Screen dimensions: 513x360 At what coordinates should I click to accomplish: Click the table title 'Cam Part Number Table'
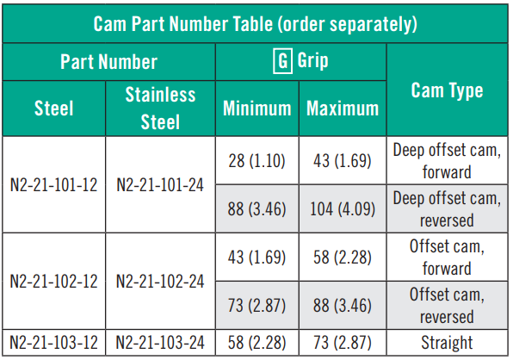coord(183,23)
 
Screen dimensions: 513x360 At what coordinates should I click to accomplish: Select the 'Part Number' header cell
coord(108,61)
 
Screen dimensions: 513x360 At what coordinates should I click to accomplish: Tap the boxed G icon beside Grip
coord(282,61)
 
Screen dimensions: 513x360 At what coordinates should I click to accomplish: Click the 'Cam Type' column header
coord(447,90)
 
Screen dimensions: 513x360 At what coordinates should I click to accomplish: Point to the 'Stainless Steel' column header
coord(160,109)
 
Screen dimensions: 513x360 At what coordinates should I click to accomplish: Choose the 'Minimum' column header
coord(256,109)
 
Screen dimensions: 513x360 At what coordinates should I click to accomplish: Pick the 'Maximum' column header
coord(343,109)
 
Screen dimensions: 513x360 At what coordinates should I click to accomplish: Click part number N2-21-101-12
coord(53,185)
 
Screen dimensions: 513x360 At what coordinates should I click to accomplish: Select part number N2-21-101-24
coord(160,185)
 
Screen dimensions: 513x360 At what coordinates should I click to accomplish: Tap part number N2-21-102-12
coord(53,281)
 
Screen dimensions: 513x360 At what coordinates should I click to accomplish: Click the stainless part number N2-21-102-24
coord(160,281)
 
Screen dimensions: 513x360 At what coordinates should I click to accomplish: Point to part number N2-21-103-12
coord(53,343)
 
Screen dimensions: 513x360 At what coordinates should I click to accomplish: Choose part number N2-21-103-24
coord(160,343)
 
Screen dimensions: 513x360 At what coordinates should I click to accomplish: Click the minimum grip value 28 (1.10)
coord(256,161)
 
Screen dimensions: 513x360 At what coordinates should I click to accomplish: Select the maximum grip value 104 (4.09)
coord(343,208)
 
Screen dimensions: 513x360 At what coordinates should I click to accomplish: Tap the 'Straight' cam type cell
coord(447,343)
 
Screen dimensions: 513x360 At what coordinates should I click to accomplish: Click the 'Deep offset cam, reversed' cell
coord(447,208)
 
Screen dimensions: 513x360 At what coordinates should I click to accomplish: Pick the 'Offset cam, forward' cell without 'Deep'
coord(447,258)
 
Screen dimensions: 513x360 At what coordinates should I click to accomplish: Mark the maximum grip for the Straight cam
coord(343,343)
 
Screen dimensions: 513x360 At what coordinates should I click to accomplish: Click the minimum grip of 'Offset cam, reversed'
coord(256,306)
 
